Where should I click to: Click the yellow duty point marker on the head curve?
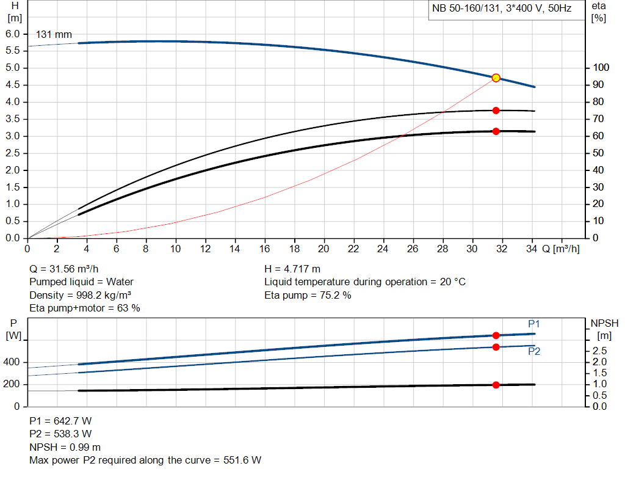(x=496, y=78)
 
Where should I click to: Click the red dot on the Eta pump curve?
(x=496, y=111)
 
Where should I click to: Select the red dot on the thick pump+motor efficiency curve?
(x=496, y=131)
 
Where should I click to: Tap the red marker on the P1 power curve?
(x=496, y=335)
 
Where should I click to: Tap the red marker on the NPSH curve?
(x=496, y=385)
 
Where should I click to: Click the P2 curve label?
(x=533, y=351)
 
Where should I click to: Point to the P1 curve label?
(x=534, y=324)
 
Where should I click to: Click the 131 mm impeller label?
(x=54, y=34)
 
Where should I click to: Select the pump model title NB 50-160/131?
(x=502, y=10)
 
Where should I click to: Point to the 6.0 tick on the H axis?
(x=13, y=34)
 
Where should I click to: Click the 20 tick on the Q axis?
(x=323, y=249)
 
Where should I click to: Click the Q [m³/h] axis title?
(x=560, y=249)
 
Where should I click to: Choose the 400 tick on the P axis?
(x=12, y=363)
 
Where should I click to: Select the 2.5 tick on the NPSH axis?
(x=599, y=351)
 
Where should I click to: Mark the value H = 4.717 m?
(x=292, y=269)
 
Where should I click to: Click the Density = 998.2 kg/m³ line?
(x=81, y=295)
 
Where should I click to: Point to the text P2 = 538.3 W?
(x=60, y=434)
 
